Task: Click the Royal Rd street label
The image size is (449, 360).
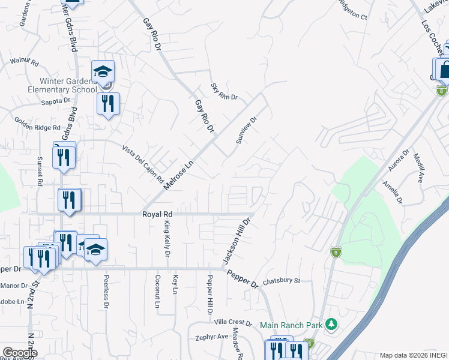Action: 157,214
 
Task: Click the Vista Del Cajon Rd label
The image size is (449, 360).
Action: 143,163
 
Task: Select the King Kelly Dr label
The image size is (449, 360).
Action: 167,238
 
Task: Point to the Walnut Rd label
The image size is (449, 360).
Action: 25,61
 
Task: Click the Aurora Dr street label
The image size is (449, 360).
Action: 398,160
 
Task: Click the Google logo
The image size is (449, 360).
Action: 20,353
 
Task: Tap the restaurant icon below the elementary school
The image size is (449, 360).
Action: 108,104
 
